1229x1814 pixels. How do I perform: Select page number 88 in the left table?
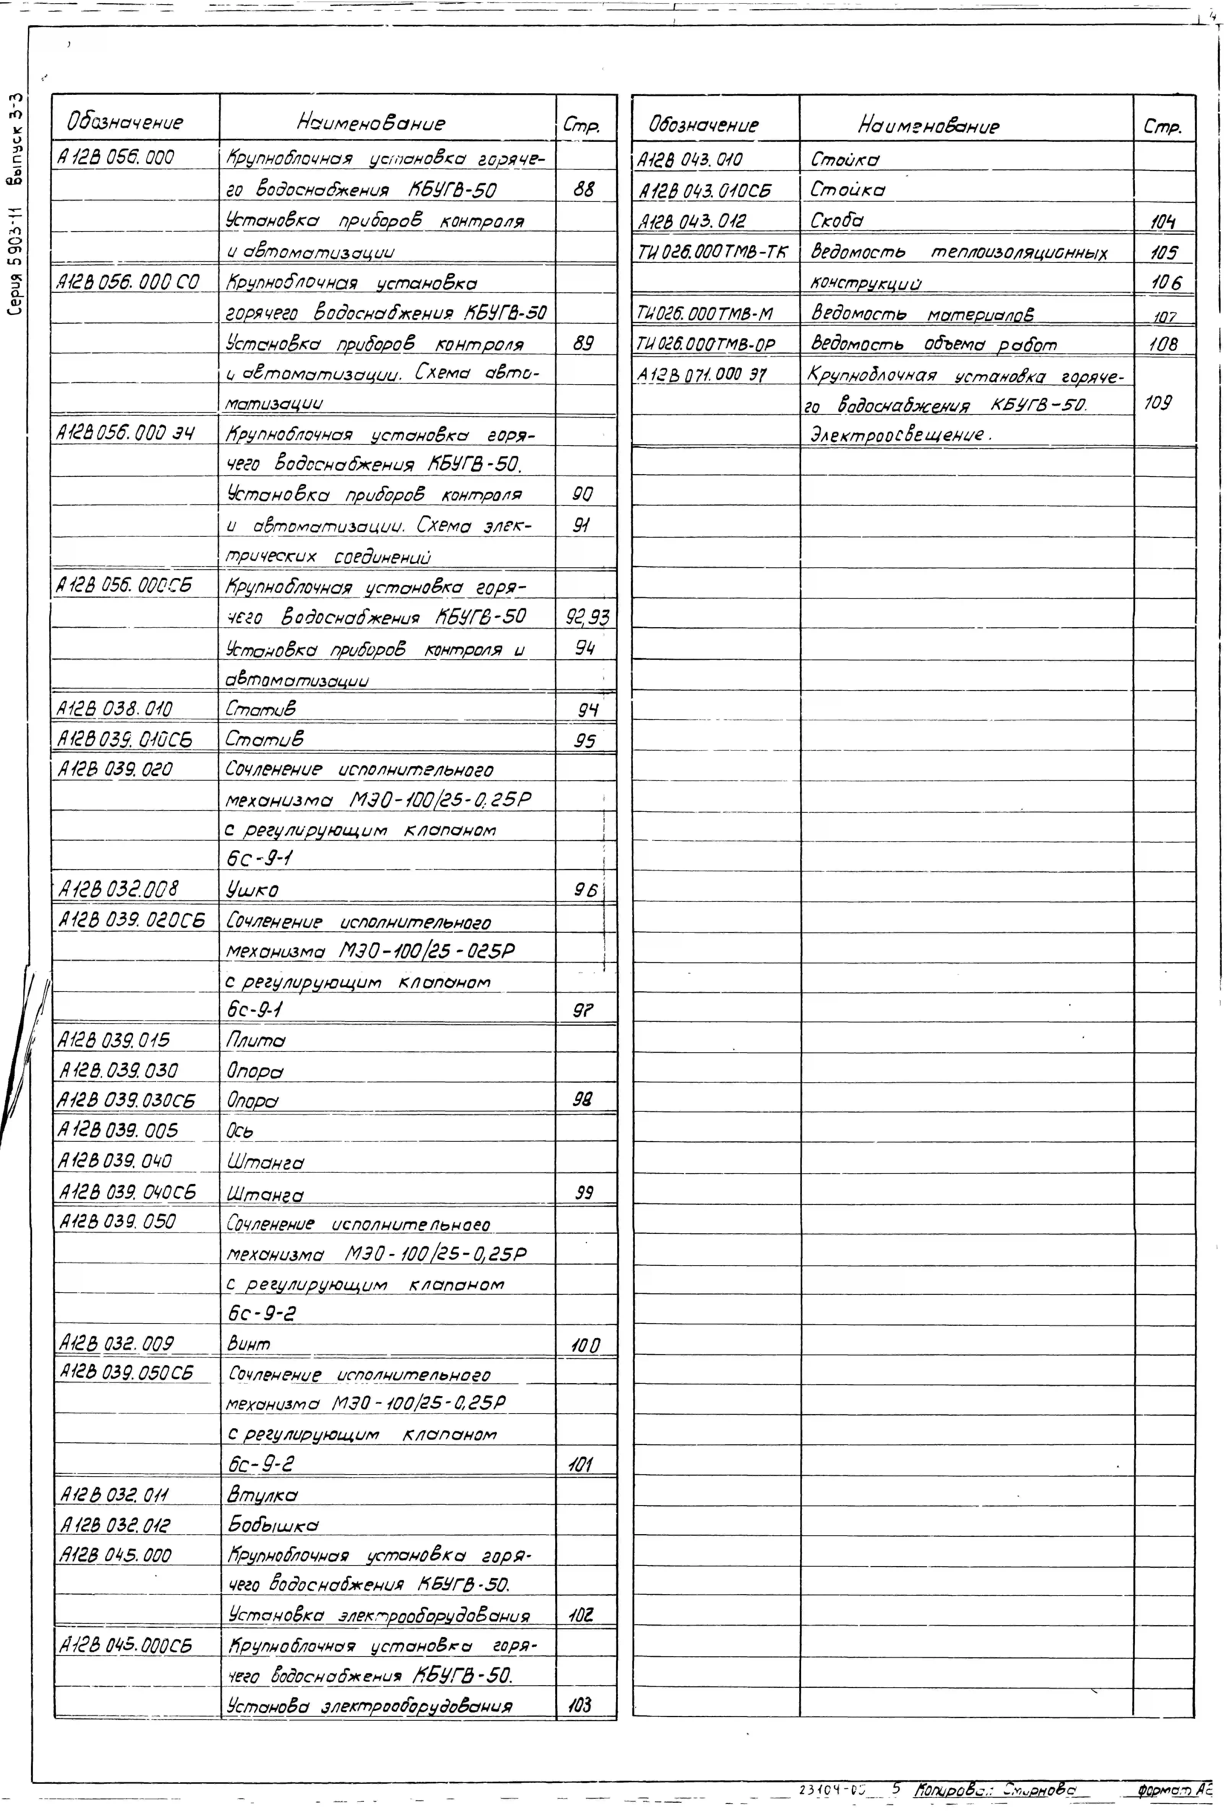pos(583,190)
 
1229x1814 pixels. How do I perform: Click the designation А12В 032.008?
pos(119,888)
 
